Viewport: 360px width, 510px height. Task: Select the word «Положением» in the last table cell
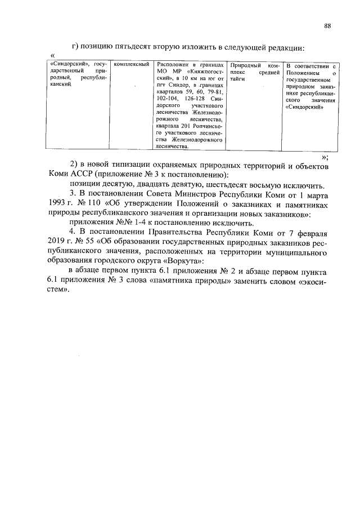coord(302,73)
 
